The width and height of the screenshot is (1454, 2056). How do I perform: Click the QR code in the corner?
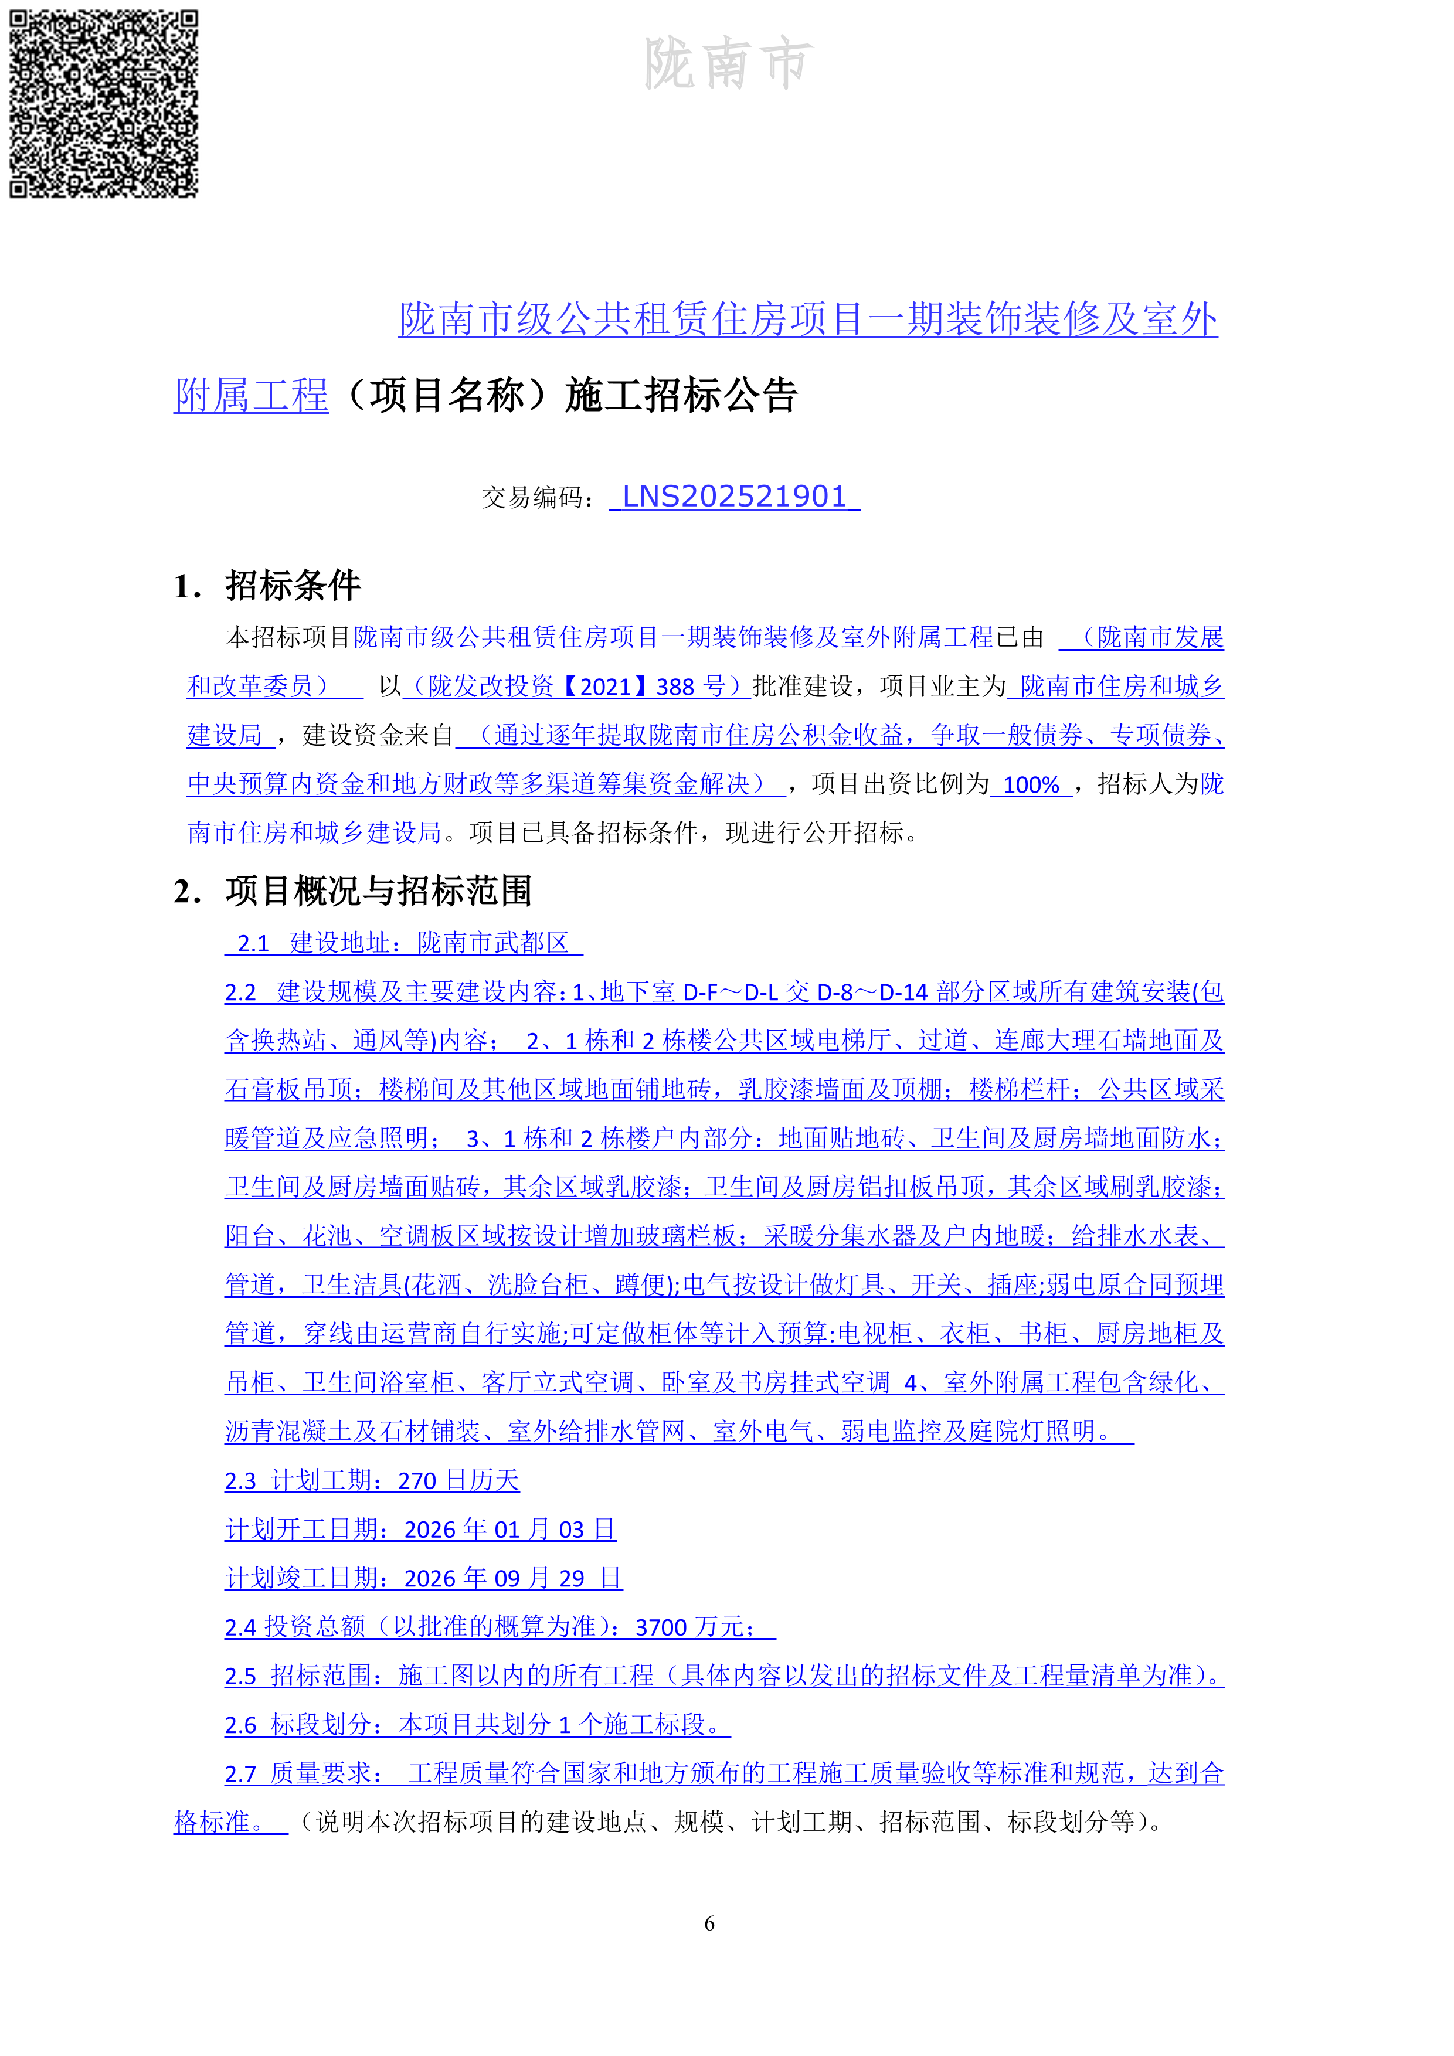coord(103,103)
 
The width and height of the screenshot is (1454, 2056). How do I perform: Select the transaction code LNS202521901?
coord(734,497)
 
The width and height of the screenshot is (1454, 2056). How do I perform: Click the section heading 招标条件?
coord(293,586)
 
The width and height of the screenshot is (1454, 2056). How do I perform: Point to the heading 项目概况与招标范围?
coord(379,891)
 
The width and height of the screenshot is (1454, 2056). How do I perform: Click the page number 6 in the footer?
coord(709,1924)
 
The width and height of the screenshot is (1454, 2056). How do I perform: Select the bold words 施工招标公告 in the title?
coord(681,396)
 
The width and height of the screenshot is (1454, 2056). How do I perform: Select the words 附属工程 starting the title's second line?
coord(252,396)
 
